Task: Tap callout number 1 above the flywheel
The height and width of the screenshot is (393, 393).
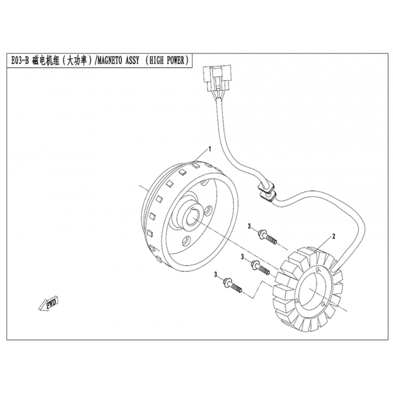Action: [210, 149]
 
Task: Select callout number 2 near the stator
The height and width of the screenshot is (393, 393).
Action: [334, 236]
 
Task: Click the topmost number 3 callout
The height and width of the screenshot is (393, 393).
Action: [249, 226]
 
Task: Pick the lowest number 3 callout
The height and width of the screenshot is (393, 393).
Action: [216, 275]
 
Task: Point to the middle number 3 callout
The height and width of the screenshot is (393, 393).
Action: [242, 256]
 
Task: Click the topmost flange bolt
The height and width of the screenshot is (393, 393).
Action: [267, 237]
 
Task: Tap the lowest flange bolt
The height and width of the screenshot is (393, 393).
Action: [232, 286]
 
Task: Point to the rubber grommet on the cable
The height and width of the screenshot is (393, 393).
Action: [266, 191]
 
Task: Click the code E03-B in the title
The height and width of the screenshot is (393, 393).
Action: [19, 61]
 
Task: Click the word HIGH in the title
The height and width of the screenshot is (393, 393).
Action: [156, 60]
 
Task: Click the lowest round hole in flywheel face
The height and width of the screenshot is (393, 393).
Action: [186, 242]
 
